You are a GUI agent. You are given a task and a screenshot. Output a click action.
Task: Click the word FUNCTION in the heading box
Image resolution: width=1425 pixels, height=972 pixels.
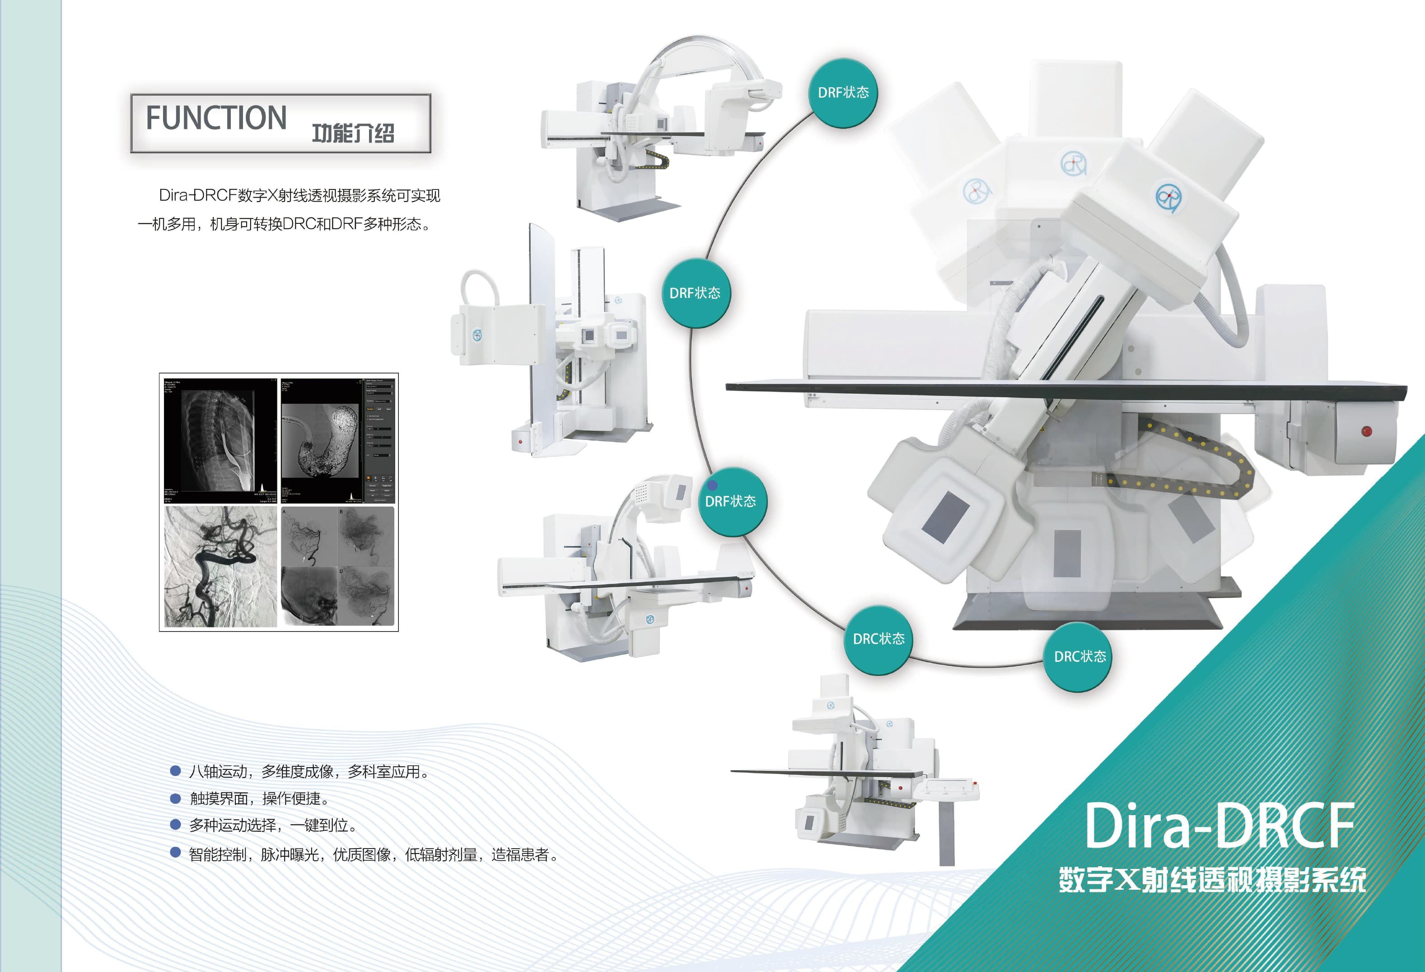point(216,118)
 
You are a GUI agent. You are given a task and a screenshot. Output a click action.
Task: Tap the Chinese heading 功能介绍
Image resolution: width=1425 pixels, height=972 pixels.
point(353,132)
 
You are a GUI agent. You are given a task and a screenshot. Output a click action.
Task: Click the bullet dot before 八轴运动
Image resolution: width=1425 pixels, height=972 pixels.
point(175,771)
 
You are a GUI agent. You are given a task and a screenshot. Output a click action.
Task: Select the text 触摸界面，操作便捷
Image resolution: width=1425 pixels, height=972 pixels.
point(260,798)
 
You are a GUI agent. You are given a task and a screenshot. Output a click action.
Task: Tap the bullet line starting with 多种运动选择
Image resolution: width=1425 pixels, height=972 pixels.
point(273,826)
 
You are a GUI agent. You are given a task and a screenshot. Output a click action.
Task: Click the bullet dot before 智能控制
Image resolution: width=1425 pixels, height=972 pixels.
point(175,852)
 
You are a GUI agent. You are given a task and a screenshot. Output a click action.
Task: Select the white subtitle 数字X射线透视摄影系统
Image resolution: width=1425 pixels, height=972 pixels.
point(1212,880)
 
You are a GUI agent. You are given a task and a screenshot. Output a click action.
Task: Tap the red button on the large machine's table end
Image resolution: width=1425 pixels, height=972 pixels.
point(1367,431)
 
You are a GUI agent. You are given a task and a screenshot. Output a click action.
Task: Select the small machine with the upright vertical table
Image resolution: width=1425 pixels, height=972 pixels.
point(552,344)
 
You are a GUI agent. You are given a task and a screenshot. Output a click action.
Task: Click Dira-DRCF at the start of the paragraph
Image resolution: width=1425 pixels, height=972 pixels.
point(197,196)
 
